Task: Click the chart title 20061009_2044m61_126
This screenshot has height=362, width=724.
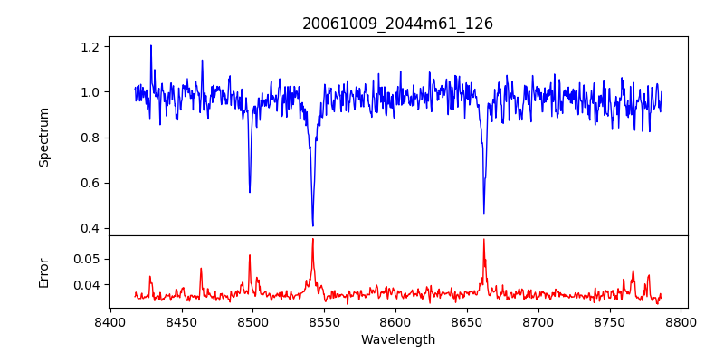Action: click(x=397, y=24)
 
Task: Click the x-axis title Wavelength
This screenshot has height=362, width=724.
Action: click(x=397, y=340)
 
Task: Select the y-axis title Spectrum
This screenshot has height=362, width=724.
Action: click(x=43, y=137)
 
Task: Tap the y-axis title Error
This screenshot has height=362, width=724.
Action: click(x=43, y=271)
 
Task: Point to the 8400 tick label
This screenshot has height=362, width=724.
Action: click(x=110, y=321)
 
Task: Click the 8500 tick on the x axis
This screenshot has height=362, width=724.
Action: click(x=252, y=321)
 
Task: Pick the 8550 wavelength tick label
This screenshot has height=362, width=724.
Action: click(x=324, y=321)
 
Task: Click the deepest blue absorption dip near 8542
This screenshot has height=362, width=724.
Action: click(x=312, y=225)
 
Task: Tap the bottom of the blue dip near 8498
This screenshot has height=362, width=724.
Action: click(x=250, y=192)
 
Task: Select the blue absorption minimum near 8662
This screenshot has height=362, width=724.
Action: click(x=484, y=214)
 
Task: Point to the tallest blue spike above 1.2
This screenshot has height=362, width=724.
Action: click(x=151, y=46)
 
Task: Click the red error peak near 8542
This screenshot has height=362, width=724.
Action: click(x=312, y=239)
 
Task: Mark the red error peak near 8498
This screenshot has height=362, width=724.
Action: click(x=250, y=255)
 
